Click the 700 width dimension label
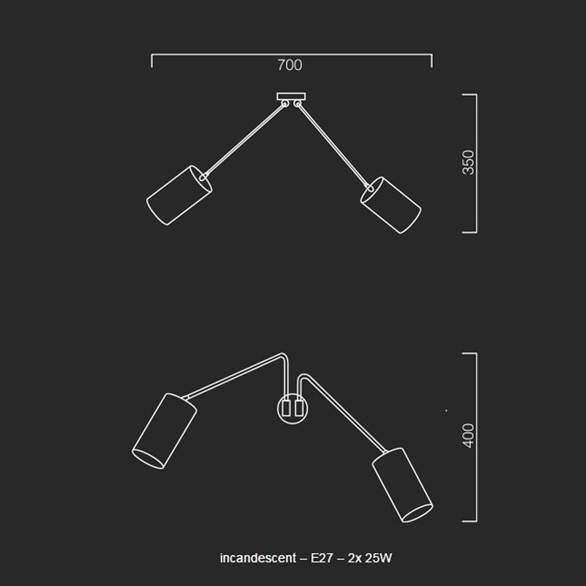coord(289,65)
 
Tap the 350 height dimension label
coord(468,163)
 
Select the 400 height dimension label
coord(468,435)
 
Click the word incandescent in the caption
coord(258,558)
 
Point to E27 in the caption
coord(322,558)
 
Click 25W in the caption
coord(379,558)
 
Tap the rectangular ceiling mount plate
coord(291,97)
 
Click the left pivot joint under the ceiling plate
coord(285,103)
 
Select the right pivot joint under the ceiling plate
coord(297,103)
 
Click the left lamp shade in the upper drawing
coord(179,195)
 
